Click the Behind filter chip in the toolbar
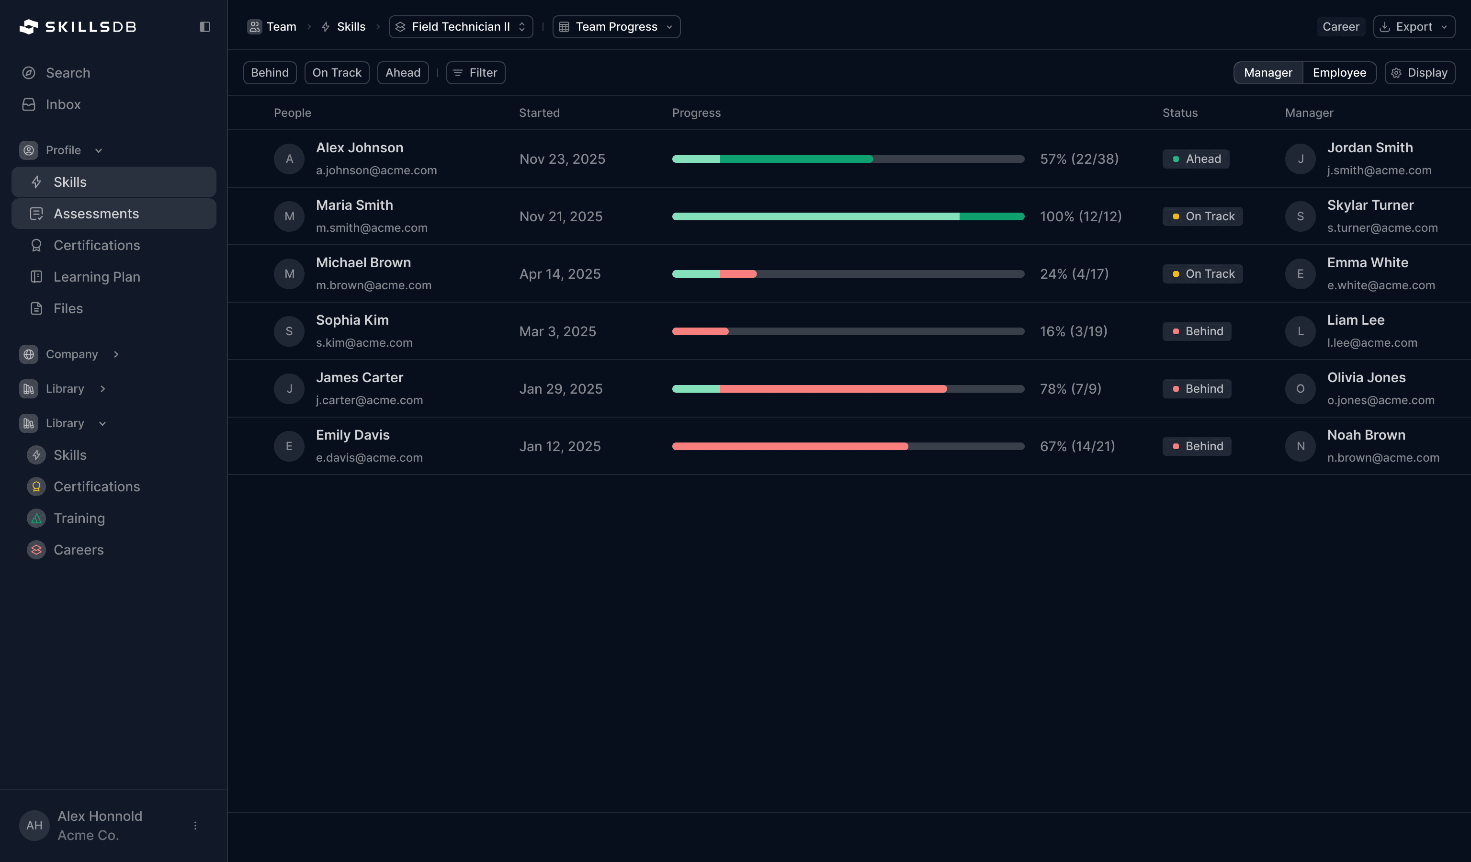point(270,73)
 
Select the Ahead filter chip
point(403,73)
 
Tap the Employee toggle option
point(1339,73)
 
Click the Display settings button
point(1419,73)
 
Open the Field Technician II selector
point(461,27)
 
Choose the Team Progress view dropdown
point(616,27)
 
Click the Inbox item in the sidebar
point(63,104)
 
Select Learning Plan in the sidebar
point(96,277)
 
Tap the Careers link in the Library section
point(78,550)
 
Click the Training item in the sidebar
point(79,518)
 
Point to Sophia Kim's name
point(352,320)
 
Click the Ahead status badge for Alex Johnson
point(1196,159)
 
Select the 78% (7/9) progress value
point(1070,389)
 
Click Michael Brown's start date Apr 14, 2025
point(560,274)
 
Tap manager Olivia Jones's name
point(1366,377)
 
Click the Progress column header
point(696,113)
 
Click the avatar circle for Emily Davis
point(289,446)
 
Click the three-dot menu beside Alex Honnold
point(195,825)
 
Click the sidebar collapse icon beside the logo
point(205,27)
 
